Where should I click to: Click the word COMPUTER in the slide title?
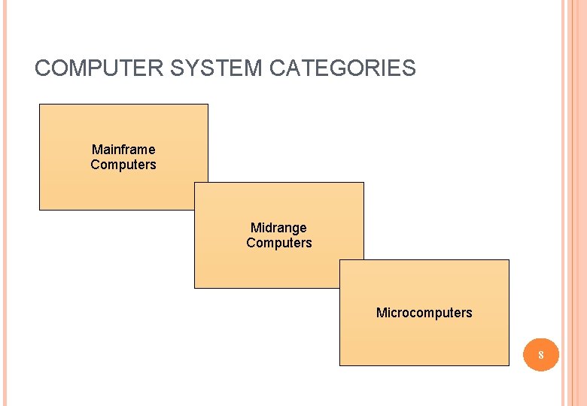(99, 68)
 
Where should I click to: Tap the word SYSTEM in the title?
(217, 68)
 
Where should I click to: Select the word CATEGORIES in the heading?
(342, 68)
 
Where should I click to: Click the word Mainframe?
(123, 150)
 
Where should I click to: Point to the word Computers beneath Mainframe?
(123, 165)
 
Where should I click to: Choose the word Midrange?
(278, 228)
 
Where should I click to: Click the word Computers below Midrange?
(278, 243)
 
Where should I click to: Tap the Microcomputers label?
(424, 313)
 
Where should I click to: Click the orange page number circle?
(540, 353)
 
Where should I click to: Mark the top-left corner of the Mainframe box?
(40, 105)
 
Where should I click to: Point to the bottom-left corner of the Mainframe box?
(40, 209)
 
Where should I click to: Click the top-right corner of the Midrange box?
(363, 183)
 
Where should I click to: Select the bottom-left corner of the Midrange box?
(195, 288)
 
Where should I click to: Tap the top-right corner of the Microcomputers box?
(509, 260)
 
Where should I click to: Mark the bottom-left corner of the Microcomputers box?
(340, 365)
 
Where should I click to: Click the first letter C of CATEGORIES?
(277, 68)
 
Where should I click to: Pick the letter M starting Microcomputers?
(381, 313)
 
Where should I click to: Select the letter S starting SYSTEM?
(178, 68)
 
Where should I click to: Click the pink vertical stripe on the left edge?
(3, 203)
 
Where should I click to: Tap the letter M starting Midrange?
(255, 228)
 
